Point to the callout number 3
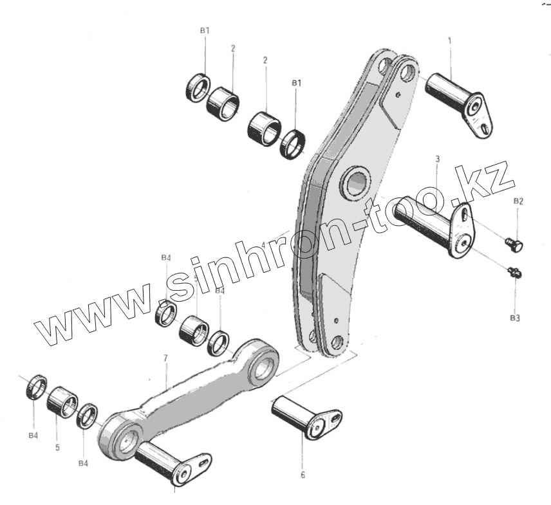tap(437, 158)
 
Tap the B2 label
tap(518, 202)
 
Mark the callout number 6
tap(303, 475)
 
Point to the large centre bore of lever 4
tap(356, 183)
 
